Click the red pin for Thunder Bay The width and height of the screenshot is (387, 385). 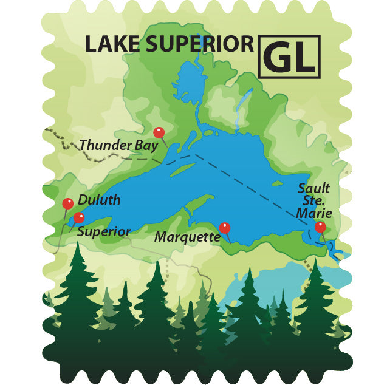tap(159, 132)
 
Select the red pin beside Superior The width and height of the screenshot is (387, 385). tap(78, 217)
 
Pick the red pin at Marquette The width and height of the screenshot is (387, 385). tap(225, 228)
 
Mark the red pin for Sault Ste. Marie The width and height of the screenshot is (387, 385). tap(320, 227)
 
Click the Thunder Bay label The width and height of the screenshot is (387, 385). tap(119, 146)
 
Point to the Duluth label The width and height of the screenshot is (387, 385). tap(99, 200)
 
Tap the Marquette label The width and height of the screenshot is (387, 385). tap(187, 236)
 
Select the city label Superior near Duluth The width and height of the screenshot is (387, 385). tap(104, 231)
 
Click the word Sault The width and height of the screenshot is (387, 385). tap(314, 188)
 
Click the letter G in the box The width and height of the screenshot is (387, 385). tap(279, 58)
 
